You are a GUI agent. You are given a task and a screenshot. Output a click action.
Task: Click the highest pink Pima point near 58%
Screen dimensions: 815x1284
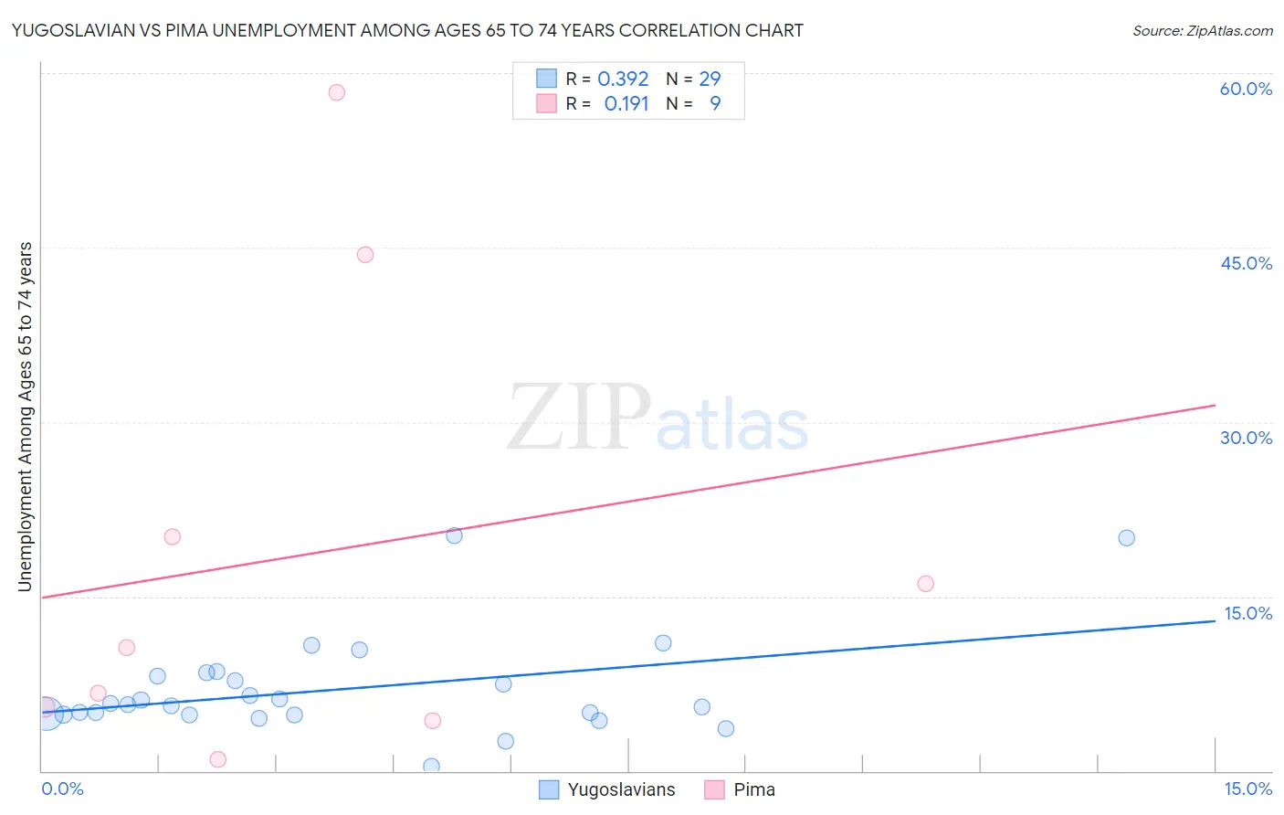pyautogui.click(x=336, y=92)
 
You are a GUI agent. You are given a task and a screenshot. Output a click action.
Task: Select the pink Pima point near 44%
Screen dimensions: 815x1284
pyautogui.click(x=365, y=255)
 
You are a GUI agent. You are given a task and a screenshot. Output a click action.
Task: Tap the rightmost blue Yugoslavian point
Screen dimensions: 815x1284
pyautogui.click(x=1126, y=538)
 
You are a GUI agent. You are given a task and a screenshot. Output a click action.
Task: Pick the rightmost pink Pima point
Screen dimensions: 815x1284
pyautogui.click(x=925, y=584)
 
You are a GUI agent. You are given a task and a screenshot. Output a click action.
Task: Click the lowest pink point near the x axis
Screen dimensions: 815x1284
pyautogui.click(x=217, y=759)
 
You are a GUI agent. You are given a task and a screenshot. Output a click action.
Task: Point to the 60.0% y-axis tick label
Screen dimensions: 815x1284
pyautogui.click(x=1246, y=90)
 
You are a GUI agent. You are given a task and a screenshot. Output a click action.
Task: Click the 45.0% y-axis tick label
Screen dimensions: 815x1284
pyautogui.click(x=1246, y=263)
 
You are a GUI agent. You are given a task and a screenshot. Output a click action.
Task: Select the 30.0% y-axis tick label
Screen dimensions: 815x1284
pyautogui.click(x=1246, y=438)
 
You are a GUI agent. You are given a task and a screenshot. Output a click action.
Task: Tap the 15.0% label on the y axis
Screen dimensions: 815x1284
pyautogui.click(x=1247, y=613)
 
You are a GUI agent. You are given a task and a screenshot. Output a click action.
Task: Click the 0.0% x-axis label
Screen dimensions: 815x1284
pyautogui.click(x=63, y=789)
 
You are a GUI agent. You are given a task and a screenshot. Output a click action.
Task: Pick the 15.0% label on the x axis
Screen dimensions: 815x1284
pyautogui.click(x=1247, y=789)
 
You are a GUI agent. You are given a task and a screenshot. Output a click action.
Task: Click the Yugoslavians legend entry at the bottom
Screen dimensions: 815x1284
pyautogui.click(x=608, y=790)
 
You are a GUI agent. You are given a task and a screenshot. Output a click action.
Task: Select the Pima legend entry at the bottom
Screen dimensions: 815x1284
pyautogui.click(x=741, y=790)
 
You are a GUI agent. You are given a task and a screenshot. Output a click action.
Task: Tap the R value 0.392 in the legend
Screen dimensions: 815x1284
pyautogui.click(x=623, y=79)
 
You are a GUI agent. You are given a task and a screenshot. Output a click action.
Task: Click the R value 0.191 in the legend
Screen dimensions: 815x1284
pyautogui.click(x=626, y=104)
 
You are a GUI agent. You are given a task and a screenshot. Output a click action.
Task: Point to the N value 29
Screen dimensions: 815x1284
pyautogui.click(x=710, y=79)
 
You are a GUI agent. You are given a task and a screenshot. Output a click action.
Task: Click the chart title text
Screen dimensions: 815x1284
pyautogui.click(x=407, y=30)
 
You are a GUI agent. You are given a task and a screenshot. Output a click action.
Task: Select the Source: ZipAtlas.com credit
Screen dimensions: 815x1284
pyautogui.click(x=1202, y=31)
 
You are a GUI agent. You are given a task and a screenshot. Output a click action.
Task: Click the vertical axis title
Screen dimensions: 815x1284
pyautogui.click(x=25, y=417)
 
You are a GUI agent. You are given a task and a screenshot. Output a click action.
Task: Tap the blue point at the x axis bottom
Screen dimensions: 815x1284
pyautogui.click(x=431, y=767)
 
